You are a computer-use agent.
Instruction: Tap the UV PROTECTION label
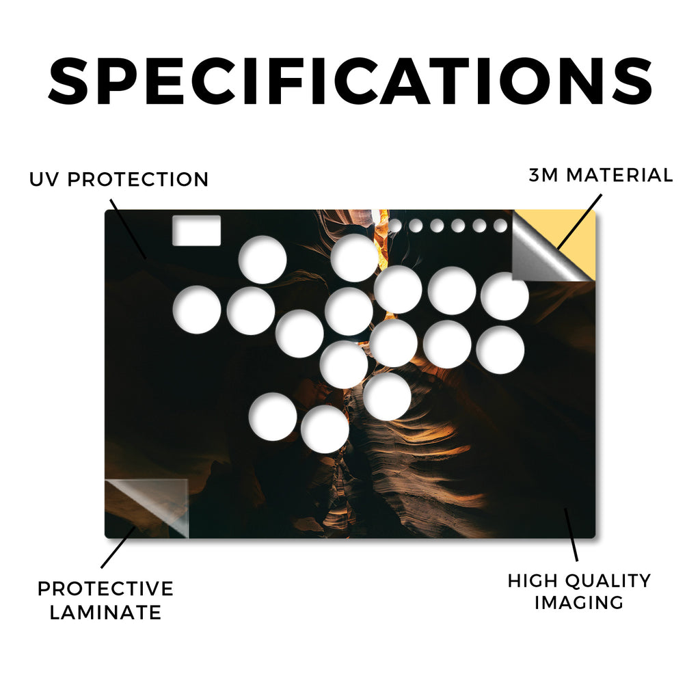pos(119,180)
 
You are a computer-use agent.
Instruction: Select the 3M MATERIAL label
pos(601,175)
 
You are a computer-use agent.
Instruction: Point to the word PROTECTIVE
pos(105,589)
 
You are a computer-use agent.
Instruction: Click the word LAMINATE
pos(105,612)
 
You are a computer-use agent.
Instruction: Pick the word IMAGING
pos(579,602)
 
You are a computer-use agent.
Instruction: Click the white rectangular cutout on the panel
pos(196,230)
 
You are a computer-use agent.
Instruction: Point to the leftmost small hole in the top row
pos(394,226)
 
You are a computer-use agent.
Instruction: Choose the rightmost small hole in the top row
pos(500,226)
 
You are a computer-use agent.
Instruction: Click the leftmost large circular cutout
pos(197,310)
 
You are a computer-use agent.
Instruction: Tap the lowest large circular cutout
pos(325,429)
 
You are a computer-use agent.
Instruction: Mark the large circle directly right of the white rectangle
pos(262,260)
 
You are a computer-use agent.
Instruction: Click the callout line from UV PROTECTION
pos(128,229)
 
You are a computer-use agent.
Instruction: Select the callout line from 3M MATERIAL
pos(580,221)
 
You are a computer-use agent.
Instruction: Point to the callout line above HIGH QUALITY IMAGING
pos(571,535)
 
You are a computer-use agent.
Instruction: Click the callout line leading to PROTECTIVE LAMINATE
pos(118,547)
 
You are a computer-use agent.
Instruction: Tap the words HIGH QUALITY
pos(579,581)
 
